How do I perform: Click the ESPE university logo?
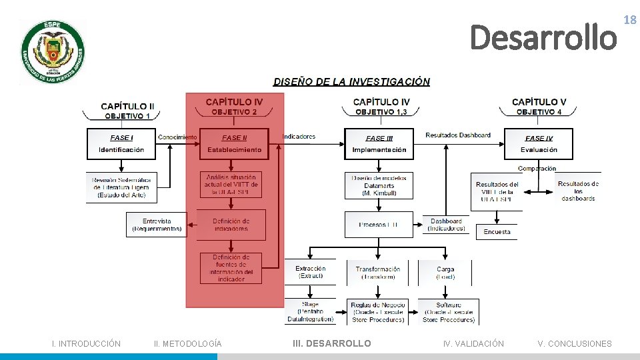(52, 53)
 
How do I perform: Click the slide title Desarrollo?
(543, 37)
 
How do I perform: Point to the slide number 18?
(629, 21)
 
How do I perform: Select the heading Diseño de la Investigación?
(351, 82)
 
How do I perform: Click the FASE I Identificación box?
(121, 144)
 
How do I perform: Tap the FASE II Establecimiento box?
(234, 144)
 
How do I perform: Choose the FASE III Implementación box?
(379, 144)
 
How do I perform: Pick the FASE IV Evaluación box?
(539, 144)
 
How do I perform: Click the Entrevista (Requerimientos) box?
(157, 225)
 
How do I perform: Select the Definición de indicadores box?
(231, 225)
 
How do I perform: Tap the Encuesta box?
(497, 232)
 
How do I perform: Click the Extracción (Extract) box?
(311, 272)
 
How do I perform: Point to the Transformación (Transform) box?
(377, 273)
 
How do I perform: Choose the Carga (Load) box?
(445, 273)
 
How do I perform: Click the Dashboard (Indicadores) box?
(446, 225)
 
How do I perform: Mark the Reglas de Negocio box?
(378, 312)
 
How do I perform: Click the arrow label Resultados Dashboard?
(458, 135)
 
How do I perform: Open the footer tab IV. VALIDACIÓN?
(473, 344)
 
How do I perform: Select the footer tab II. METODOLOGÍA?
(187, 344)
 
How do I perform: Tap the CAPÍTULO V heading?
(539, 102)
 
